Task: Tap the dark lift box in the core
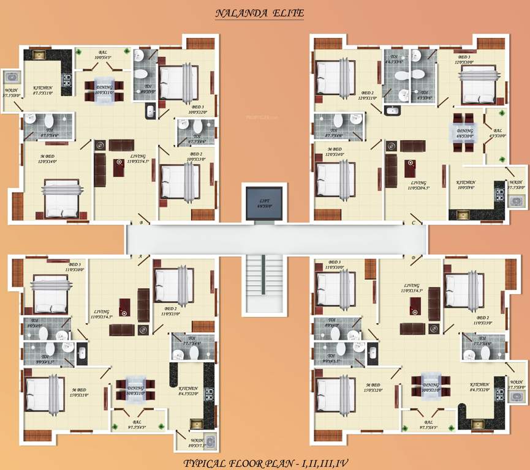click(264, 201)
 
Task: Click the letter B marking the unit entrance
click(141, 223)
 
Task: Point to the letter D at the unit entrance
click(413, 258)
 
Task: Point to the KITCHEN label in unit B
click(44, 88)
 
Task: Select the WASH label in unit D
click(516, 384)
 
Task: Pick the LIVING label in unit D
click(412, 288)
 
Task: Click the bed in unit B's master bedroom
click(61, 197)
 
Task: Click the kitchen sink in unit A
click(197, 423)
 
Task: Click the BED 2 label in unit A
click(170, 311)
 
